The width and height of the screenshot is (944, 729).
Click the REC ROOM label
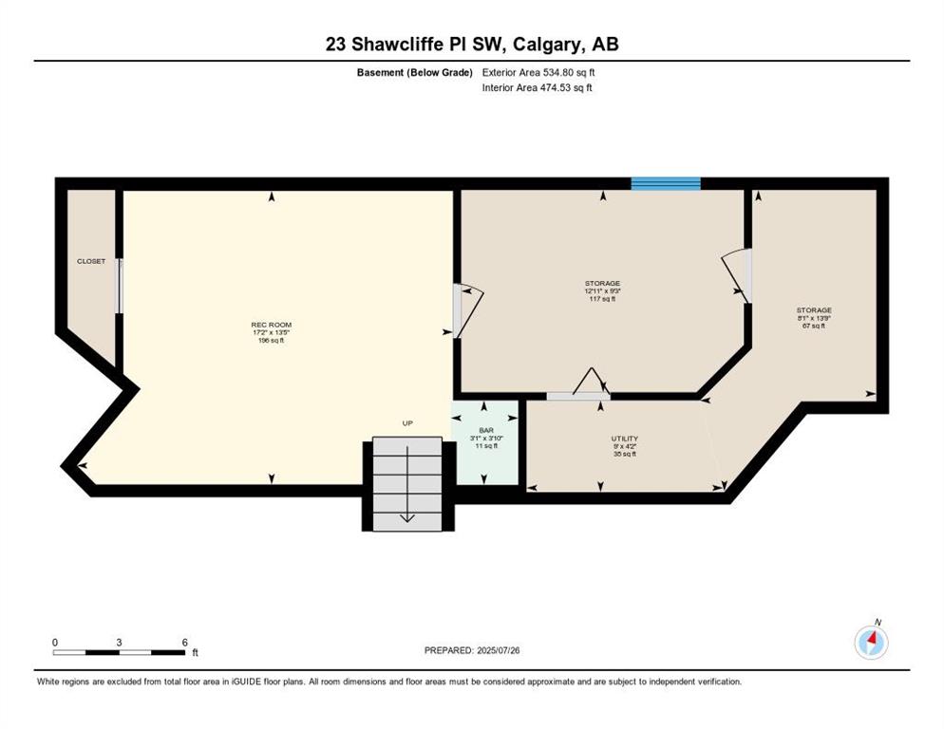pos(272,325)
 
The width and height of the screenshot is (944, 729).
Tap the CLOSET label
pos(91,261)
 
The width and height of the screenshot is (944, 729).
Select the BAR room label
pos(486,430)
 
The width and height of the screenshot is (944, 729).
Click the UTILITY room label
pos(624,439)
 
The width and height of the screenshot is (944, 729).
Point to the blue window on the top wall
pos(666,183)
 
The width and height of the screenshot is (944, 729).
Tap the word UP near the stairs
pos(407,423)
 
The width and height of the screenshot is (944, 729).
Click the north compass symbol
pos(871,642)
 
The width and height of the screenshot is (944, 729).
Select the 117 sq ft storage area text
pos(603,299)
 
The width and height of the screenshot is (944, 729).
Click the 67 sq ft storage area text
pos(814,326)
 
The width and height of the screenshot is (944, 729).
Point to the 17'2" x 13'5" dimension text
pos(272,333)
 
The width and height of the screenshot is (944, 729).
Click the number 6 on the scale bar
pos(185,643)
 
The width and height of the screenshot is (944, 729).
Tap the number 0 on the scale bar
pos(55,643)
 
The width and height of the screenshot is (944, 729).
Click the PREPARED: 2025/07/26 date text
pos(472,650)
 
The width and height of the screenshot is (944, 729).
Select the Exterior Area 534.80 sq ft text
pos(538,72)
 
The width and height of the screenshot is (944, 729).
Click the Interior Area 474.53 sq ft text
pos(537,87)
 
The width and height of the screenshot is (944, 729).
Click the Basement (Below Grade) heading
pos(415,72)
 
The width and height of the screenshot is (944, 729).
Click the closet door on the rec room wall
pos(120,286)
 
